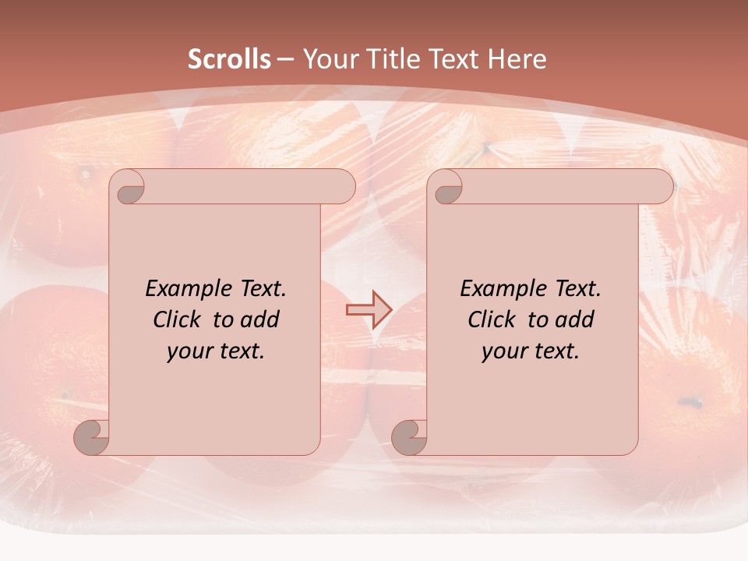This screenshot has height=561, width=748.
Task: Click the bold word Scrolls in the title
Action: (230, 59)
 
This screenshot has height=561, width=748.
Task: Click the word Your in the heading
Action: (328, 59)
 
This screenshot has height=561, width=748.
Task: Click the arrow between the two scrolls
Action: (369, 309)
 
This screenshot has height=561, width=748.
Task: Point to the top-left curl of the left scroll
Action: (129, 188)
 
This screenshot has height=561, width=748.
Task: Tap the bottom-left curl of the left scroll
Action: (93, 438)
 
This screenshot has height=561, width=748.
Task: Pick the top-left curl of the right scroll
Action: (447, 188)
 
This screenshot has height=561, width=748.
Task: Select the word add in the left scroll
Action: (259, 319)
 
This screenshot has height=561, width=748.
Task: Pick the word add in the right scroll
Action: (574, 319)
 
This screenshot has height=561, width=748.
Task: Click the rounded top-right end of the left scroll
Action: (342, 187)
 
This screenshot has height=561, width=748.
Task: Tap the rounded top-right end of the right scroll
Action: (660, 187)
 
